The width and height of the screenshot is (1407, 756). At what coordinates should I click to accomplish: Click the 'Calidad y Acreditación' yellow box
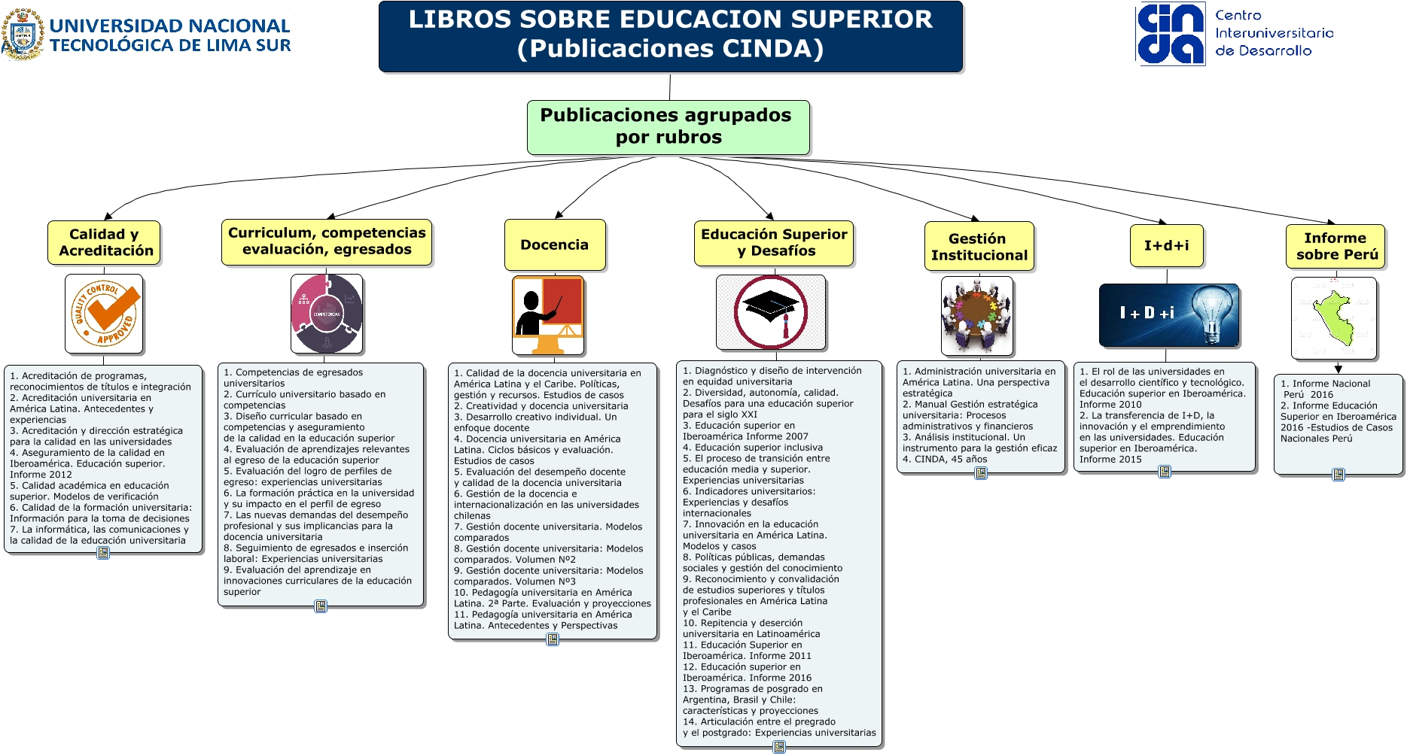pos(105,242)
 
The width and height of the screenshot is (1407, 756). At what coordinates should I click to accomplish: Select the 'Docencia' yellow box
pos(555,244)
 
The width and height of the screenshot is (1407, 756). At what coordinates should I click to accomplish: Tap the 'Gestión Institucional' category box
pos(979,247)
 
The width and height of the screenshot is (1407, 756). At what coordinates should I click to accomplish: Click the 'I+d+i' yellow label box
pos(1166,245)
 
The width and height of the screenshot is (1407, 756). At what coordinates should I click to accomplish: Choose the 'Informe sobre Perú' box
pos(1335,247)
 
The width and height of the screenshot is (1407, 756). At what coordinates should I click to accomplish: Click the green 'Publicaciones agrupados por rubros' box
pos(668,127)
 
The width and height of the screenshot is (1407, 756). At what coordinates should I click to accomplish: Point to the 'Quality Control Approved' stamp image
pos(105,313)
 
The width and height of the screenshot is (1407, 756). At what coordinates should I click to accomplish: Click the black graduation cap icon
pos(770,307)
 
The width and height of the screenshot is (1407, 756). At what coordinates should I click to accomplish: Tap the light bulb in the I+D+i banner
pos(1211,312)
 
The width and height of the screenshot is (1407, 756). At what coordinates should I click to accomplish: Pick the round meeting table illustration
pos(976,314)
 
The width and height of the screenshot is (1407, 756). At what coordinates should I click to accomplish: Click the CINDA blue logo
pos(1170,34)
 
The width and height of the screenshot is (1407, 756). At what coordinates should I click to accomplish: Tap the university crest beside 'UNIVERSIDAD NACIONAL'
pos(23,35)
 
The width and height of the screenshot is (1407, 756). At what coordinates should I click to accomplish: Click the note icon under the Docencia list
pos(553,639)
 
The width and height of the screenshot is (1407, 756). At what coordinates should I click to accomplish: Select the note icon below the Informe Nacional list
pos(1338,475)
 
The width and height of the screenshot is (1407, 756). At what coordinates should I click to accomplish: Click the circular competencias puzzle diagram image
pos(327,314)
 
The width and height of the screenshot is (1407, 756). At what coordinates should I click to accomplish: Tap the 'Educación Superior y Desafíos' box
pos(774,242)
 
